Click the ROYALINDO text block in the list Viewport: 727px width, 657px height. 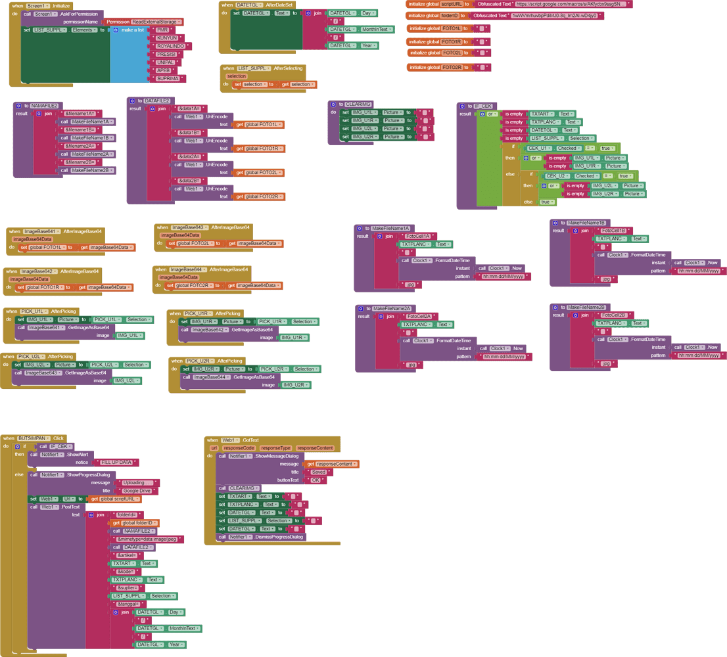point(170,46)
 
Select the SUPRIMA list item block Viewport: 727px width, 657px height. point(168,79)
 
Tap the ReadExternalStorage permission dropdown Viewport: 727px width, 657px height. point(155,22)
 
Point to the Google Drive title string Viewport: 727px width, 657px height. point(137,491)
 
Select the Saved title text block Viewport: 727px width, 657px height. point(318,472)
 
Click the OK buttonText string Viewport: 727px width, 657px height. point(316,480)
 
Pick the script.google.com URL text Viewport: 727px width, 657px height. point(571,4)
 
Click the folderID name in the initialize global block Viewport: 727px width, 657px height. point(452,15)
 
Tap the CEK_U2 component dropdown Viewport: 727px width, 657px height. point(559,176)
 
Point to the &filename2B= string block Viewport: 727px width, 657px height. point(80,162)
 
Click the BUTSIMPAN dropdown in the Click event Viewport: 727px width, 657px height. point(34,438)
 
